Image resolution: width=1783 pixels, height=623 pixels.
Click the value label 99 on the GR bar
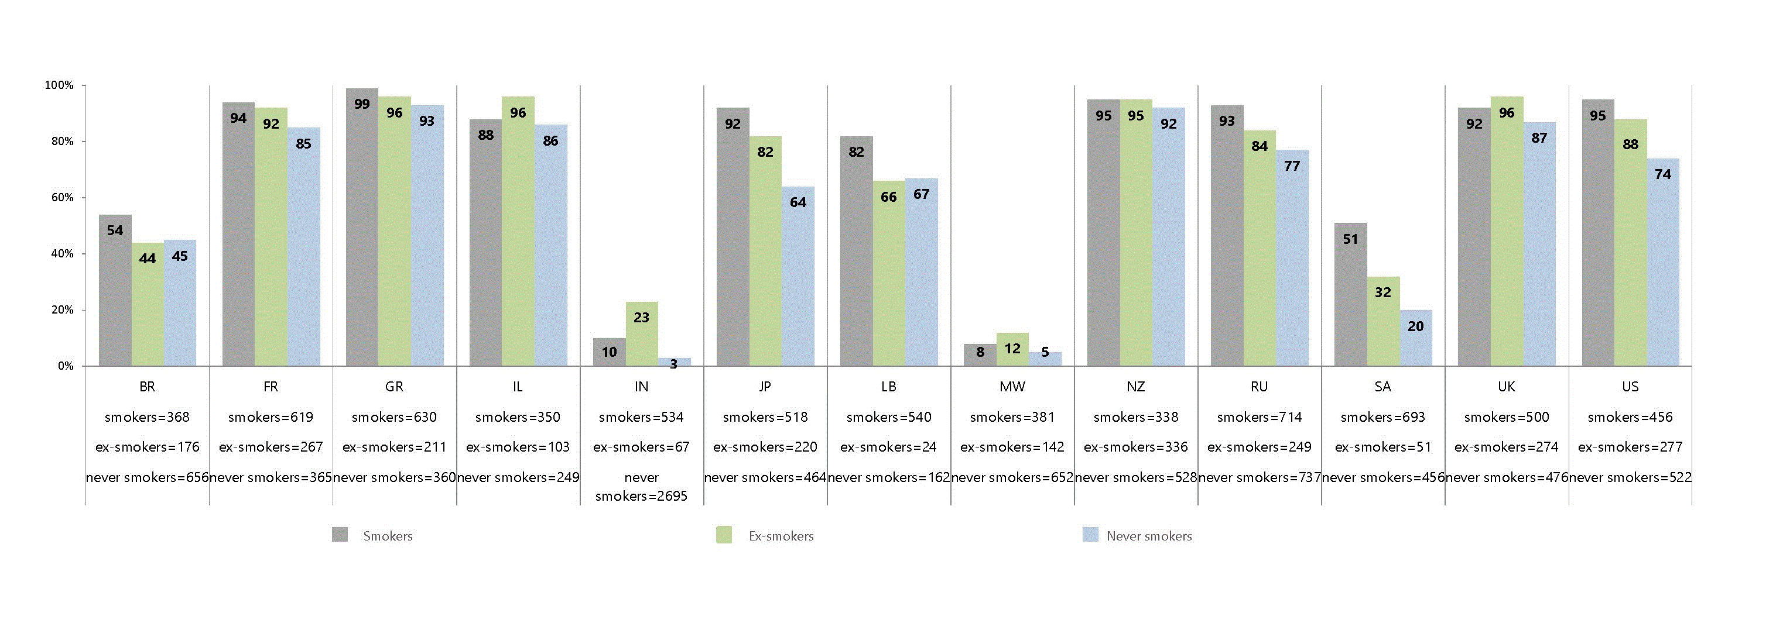tap(362, 104)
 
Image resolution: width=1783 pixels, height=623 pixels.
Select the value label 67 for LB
tap(921, 194)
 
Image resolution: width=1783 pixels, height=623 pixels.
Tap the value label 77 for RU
tap(1292, 166)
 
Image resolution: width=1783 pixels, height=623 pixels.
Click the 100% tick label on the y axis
tap(60, 85)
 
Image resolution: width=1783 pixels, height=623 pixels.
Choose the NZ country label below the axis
tap(1136, 387)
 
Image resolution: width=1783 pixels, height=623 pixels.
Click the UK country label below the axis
tap(1507, 387)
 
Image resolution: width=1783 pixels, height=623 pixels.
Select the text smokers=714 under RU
tap(1260, 417)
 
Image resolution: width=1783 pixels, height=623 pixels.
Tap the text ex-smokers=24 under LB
tap(889, 447)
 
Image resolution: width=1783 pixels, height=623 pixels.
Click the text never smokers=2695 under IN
tap(642, 487)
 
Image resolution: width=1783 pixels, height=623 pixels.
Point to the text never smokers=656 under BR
tap(148, 477)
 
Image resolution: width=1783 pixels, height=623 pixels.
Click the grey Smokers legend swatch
tap(340, 535)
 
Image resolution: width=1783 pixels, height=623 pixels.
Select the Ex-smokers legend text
tap(781, 536)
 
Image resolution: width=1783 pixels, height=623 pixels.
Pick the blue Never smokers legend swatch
tap(1090, 535)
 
